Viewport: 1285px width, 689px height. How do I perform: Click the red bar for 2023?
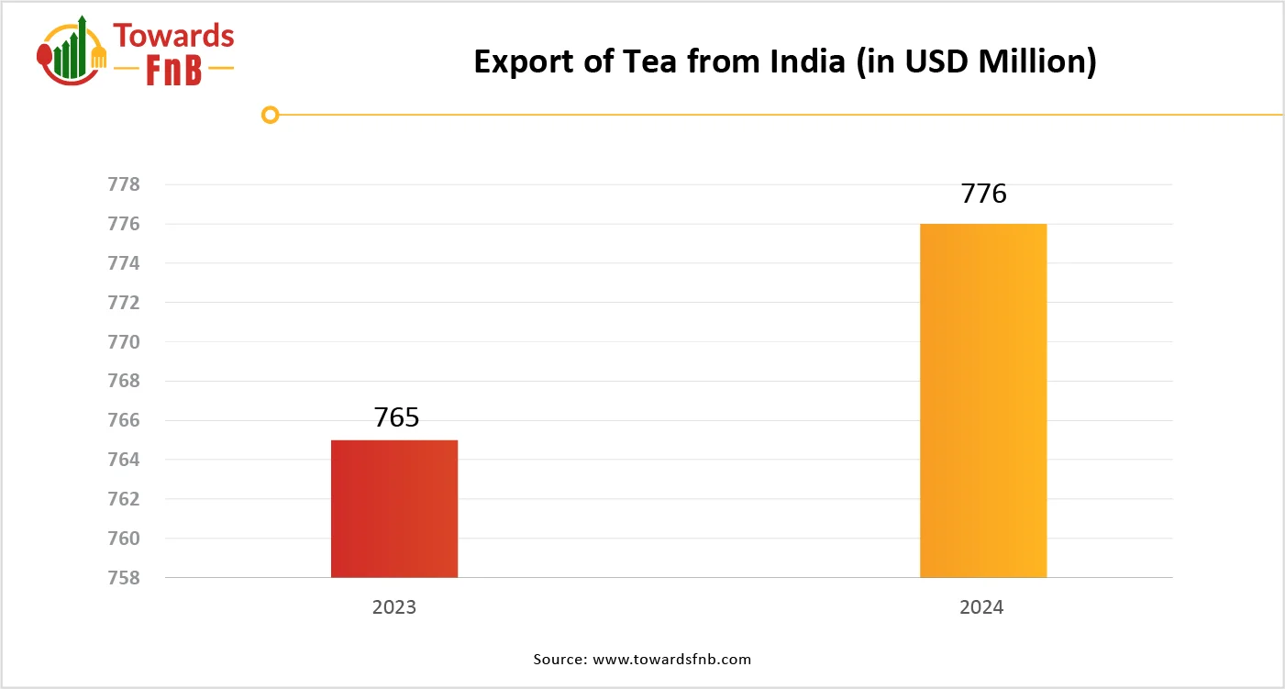click(x=394, y=509)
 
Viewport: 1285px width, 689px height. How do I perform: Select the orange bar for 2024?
click(x=983, y=401)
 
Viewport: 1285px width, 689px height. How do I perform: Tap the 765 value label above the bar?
click(x=396, y=417)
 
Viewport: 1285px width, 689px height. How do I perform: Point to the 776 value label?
click(x=983, y=194)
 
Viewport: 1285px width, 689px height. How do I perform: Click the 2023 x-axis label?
click(x=394, y=608)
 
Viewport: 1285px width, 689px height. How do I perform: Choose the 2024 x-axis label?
click(x=983, y=608)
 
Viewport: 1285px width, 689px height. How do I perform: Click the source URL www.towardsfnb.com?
click(x=672, y=660)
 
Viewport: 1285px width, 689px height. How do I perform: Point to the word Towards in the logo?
click(x=173, y=36)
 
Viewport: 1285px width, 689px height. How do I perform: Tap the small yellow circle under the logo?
click(x=270, y=115)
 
